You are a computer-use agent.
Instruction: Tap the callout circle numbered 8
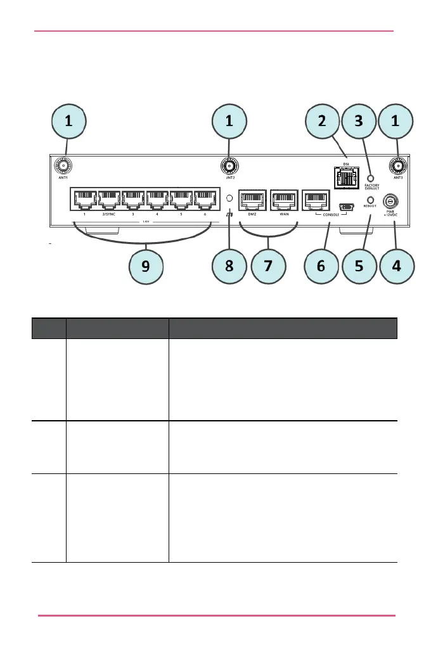pos(229,267)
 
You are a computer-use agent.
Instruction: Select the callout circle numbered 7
pos(269,267)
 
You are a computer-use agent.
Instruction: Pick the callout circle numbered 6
pos(321,267)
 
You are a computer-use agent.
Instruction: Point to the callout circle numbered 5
pos(359,267)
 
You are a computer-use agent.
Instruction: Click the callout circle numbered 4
pos(396,267)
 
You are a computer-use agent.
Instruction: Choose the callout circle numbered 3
pos(359,123)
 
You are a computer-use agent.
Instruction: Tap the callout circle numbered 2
pos(321,123)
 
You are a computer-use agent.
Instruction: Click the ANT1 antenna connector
pos(63,167)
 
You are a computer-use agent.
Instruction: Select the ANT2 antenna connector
pos(229,167)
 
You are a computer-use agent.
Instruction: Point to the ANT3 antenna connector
pos(397,167)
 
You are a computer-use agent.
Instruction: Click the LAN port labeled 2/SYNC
pos(108,201)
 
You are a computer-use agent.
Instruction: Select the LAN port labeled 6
pos(206,201)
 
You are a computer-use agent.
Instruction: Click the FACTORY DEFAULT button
pos(372,179)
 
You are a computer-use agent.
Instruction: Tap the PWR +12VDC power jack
pos(391,202)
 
